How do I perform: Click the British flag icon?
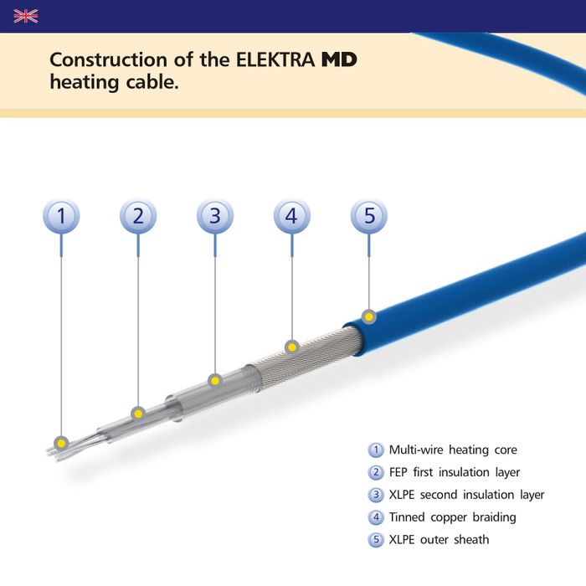point(26,16)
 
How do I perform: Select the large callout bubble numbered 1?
point(61,216)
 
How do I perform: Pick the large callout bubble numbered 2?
point(138,216)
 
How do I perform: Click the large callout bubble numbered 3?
point(215,216)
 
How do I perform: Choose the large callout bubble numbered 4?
point(291,216)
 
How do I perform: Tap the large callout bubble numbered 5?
point(368,216)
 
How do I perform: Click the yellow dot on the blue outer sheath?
point(369,316)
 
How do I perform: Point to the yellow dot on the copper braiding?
point(291,346)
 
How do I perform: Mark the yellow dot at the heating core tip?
point(61,442)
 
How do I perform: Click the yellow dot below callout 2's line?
point(138,413)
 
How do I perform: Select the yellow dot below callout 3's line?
point(215,381)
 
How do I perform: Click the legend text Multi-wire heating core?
point(453,450)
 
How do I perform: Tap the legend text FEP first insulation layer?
point(455,472)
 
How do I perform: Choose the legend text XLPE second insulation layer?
point(466,495)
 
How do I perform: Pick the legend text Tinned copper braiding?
point(452,517)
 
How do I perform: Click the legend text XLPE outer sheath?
point(439,540)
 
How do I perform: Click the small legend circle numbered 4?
point(376,517)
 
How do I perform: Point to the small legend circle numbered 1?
point(376,450)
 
